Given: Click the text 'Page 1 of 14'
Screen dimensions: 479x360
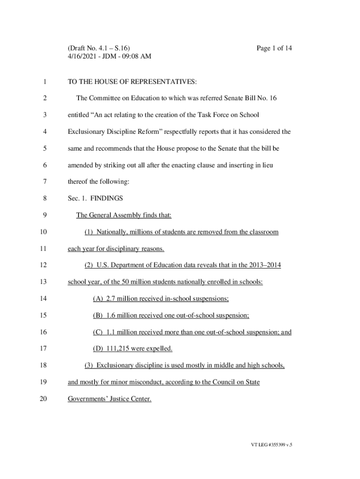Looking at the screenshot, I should coord(274,48).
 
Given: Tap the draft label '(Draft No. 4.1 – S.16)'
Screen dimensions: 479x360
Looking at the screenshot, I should coord(99,48).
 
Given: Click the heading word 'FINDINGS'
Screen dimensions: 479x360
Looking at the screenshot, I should coord(107,198).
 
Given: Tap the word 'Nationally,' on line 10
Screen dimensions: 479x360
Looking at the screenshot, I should coord(113,232).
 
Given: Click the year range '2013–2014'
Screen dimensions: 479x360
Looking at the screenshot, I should coord(265,265).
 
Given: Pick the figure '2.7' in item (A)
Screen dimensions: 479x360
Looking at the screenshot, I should coord(111,299).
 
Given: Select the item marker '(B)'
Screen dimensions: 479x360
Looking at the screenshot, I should coord(98,315).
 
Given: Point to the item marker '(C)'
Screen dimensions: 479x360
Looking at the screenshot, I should coord(98,332).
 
